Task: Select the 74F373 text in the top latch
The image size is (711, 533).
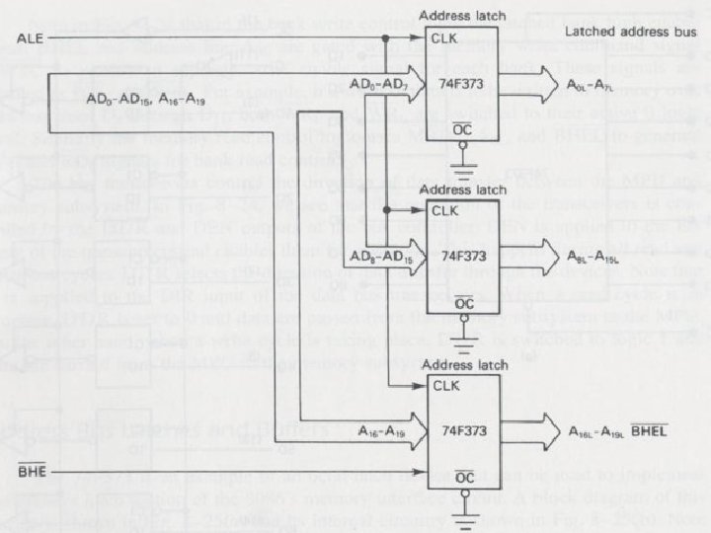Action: click(459, 85)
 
